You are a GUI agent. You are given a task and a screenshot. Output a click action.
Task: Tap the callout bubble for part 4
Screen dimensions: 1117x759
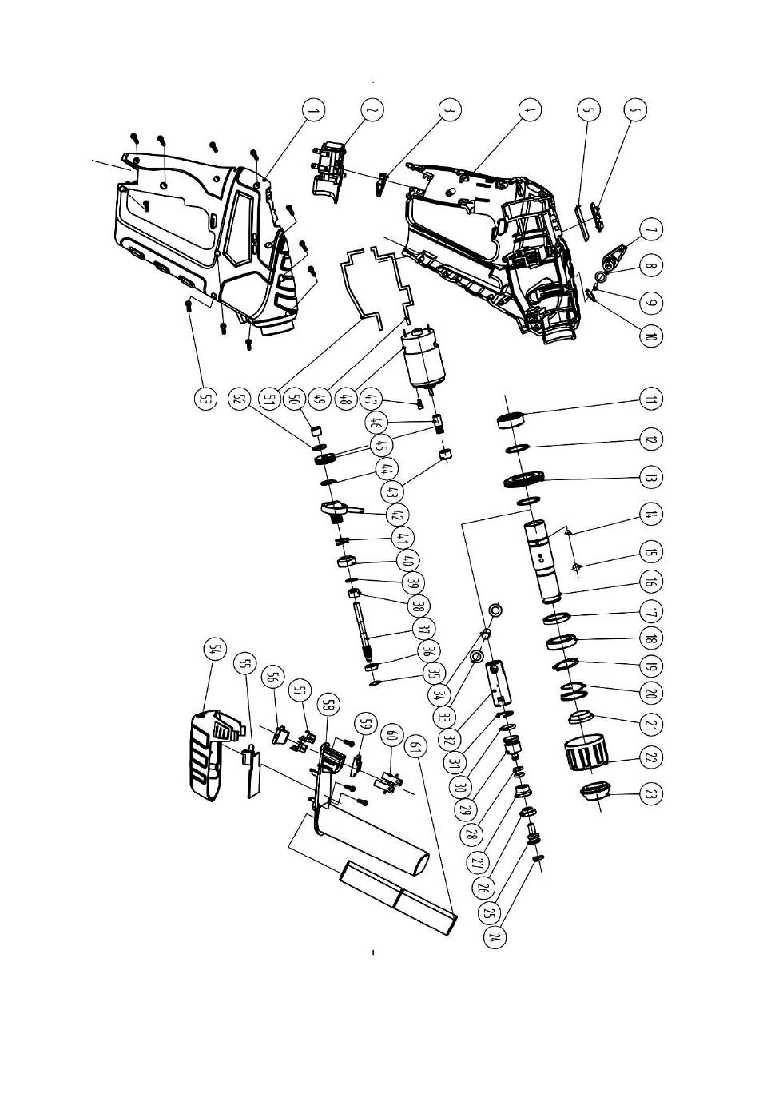[527, 109]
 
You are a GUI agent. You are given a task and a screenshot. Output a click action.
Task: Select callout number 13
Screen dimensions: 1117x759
[651, 478]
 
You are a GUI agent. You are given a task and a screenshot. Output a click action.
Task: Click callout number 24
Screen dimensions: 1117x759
[499, 937]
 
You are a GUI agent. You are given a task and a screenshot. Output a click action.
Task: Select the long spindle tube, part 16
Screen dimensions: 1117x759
[545, 559]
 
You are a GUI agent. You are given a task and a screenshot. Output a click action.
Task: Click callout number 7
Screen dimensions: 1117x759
[651, 229]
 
